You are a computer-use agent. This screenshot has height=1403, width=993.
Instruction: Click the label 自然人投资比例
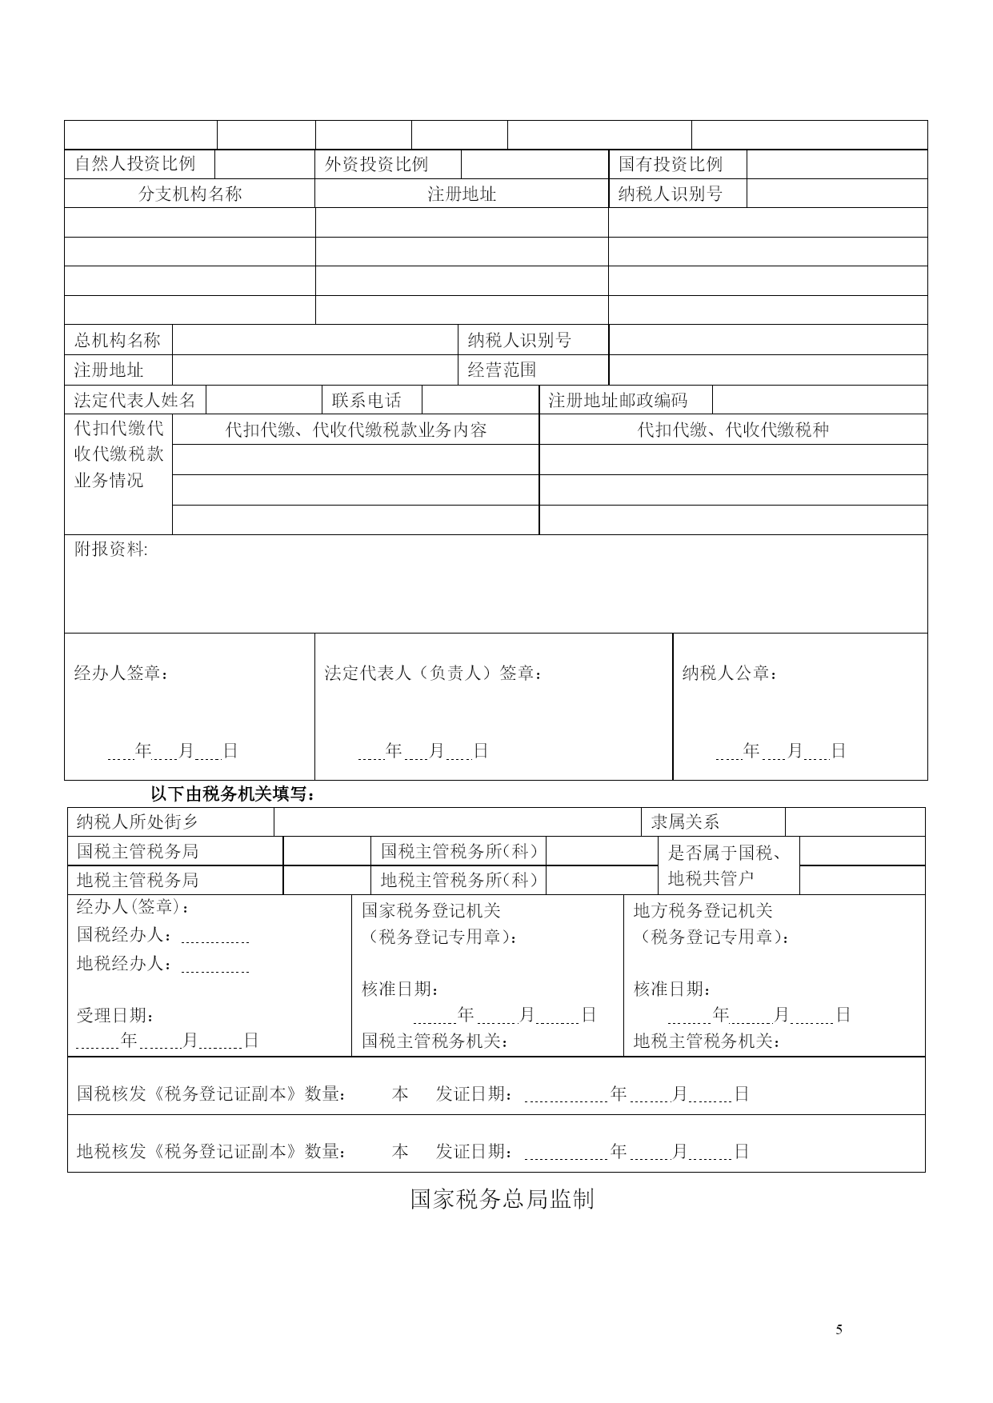(x=134, y=164)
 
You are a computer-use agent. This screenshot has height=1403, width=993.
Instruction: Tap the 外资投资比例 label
(x=376, y=164)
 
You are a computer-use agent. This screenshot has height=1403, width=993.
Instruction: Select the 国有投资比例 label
(x=670, y=164)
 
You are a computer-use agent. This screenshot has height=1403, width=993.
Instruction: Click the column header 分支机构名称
(x=190, y=194)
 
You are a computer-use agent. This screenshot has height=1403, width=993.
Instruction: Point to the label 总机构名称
(x=118, y=340)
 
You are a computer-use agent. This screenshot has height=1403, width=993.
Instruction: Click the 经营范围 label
(x=502, y=370)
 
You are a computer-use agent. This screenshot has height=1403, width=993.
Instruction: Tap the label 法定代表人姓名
(x=134, y=400)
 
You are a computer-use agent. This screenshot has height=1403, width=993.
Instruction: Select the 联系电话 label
(x=366, y=400)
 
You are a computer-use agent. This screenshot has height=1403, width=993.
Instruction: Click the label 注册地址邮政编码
(x=617, y=400)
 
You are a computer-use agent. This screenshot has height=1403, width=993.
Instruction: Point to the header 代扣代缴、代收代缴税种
(x=733, y=430)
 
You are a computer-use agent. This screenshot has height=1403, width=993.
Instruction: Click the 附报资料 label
(x=110, y=550)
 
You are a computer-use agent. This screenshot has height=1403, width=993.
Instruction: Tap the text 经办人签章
(x=122, y=674)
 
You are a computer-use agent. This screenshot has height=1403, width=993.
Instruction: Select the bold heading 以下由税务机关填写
(x=234, y=794)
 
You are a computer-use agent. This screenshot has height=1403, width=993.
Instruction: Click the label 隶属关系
(x=685, y=821)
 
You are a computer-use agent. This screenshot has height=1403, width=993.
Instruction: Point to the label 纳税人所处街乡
(x=137, y=821)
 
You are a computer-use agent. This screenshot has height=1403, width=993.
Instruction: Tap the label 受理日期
(x=115, y=1015)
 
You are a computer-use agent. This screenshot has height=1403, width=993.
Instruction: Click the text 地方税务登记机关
(x=703, y=910)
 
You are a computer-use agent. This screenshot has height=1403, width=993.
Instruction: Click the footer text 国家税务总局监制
(x=502, y=1199)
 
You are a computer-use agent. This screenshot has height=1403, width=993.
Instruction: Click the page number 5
(x=839, y=1329)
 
